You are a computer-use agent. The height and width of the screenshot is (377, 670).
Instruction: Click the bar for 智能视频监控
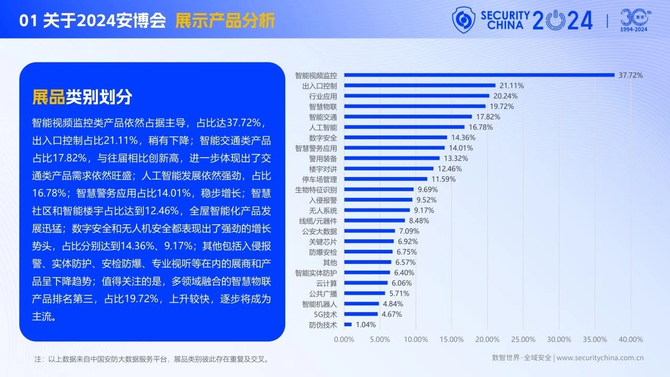point(479,75)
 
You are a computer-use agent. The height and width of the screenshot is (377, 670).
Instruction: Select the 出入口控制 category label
point(319,85)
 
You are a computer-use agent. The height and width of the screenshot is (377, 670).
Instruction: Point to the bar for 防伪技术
point(348,325)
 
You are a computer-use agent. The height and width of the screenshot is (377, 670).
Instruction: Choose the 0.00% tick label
point(344,339)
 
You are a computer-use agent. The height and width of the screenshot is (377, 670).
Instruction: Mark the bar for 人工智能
point(404,127)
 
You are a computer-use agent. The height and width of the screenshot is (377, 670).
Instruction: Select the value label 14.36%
point(463,137)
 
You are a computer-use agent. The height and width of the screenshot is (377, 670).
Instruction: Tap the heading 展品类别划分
point(82,97)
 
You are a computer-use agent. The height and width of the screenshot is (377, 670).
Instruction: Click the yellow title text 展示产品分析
point(225,21)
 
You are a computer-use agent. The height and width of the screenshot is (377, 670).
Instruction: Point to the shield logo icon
point(464,19)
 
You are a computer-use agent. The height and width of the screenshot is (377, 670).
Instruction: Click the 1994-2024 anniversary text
point(634,29)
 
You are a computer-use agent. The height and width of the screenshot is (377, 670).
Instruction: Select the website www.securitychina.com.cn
point(600,358)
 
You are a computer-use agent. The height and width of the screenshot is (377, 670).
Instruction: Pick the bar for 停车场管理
point(386,179)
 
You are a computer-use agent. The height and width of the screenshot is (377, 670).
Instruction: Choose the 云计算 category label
point(327,283)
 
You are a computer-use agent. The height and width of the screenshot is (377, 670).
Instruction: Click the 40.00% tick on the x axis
point(630,339)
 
